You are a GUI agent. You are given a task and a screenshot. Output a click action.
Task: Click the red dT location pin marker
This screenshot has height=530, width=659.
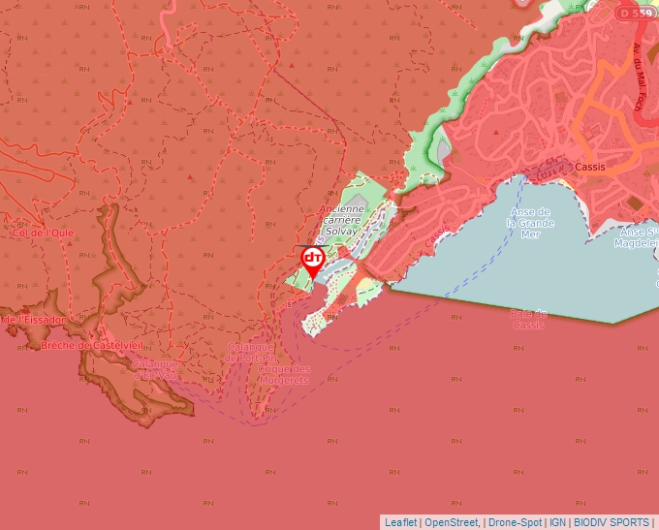312,260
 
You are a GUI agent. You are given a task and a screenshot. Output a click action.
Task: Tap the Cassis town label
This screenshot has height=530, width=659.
589,167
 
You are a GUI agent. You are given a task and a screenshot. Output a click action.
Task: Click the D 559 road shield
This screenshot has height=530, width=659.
636,13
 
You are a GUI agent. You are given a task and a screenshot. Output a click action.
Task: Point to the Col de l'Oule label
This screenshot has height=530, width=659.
43,233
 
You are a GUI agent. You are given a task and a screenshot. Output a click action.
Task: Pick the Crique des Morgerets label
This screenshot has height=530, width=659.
284,374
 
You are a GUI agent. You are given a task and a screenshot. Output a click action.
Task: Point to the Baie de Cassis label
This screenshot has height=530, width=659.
529,319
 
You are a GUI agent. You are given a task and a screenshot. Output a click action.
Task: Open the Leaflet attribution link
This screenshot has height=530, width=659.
400,522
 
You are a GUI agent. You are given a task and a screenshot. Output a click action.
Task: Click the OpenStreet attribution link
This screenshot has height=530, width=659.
452,522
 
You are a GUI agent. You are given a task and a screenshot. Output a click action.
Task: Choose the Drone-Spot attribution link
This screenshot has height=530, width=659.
514,522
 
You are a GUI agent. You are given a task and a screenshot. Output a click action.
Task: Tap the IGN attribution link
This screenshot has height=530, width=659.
557,522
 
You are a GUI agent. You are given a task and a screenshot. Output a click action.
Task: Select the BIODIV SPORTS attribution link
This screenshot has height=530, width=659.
611,522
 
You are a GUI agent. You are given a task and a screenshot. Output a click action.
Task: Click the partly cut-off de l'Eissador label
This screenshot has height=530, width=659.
34,319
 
